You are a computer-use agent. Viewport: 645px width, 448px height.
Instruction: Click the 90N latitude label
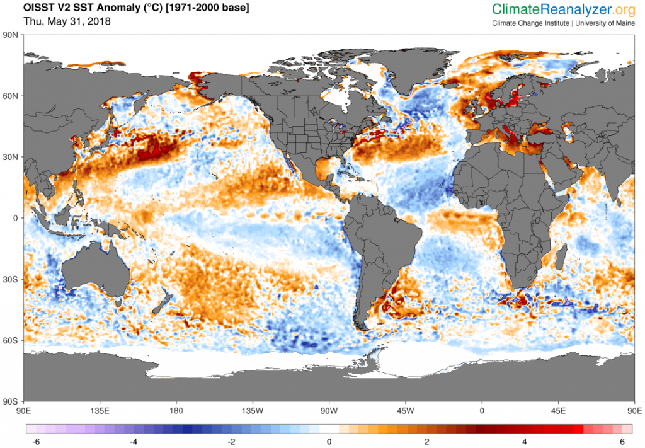pyautogui.click(x=11, y=35)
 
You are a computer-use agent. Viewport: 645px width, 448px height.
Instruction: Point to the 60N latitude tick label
pyautogui.click(x=11, y=96)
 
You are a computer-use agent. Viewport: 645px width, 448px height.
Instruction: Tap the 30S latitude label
pyautogui.click(x=11, y=279)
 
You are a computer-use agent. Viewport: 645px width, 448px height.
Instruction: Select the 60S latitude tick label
pyautogui.click(x=11, y=340)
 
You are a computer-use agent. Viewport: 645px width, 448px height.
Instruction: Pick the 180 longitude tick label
pyautogui.click(x=176, y=411)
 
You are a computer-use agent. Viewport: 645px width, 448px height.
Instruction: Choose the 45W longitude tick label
pyautogui.click(x=405, y=411)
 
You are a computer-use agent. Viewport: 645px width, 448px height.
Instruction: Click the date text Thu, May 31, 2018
pyautogui.click(x=67, y=21)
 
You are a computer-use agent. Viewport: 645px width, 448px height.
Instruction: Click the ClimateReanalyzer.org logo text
pyautogui.click(x=564, y=9)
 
